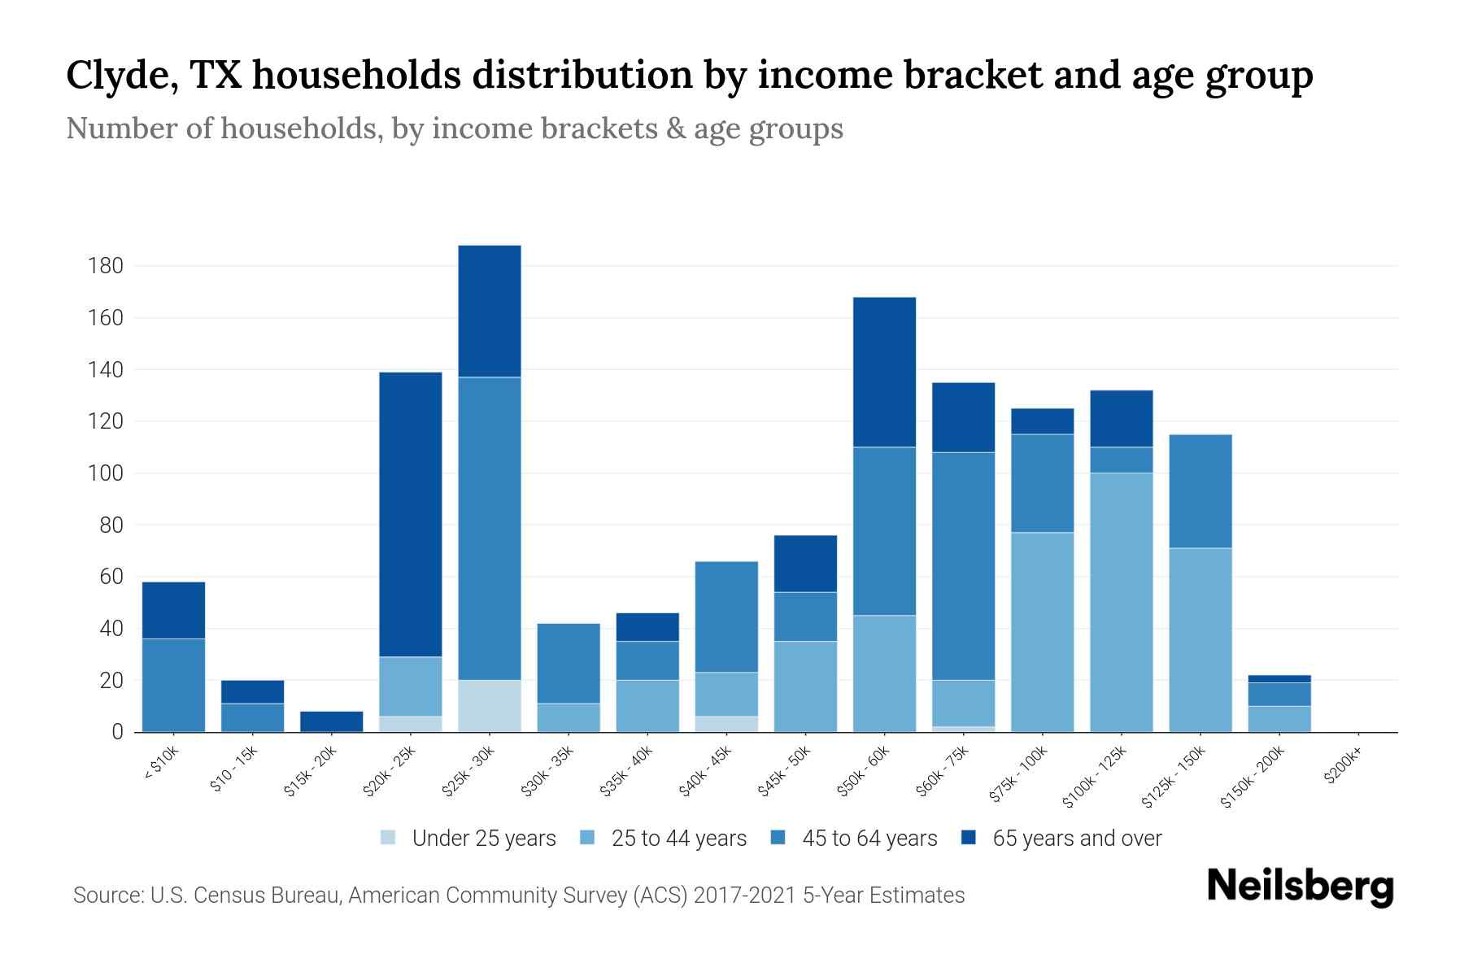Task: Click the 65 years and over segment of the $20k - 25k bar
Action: (411, 514)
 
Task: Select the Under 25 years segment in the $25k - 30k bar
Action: (490, 706)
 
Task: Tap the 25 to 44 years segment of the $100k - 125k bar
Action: (1122, 602)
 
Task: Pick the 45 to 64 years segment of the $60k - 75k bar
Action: (963, 565)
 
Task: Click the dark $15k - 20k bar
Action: (332, 721)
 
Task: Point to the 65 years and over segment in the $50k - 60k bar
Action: (884, 372)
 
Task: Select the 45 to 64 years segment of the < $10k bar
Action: (173, 685)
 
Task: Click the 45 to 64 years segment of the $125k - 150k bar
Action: (1200, 491)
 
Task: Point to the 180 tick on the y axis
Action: (106, 266)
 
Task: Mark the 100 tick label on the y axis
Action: (106, 473)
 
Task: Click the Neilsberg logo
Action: (1300, 886)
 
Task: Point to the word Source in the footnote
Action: (107, 895)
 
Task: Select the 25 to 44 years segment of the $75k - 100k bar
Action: (1042, 632)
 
